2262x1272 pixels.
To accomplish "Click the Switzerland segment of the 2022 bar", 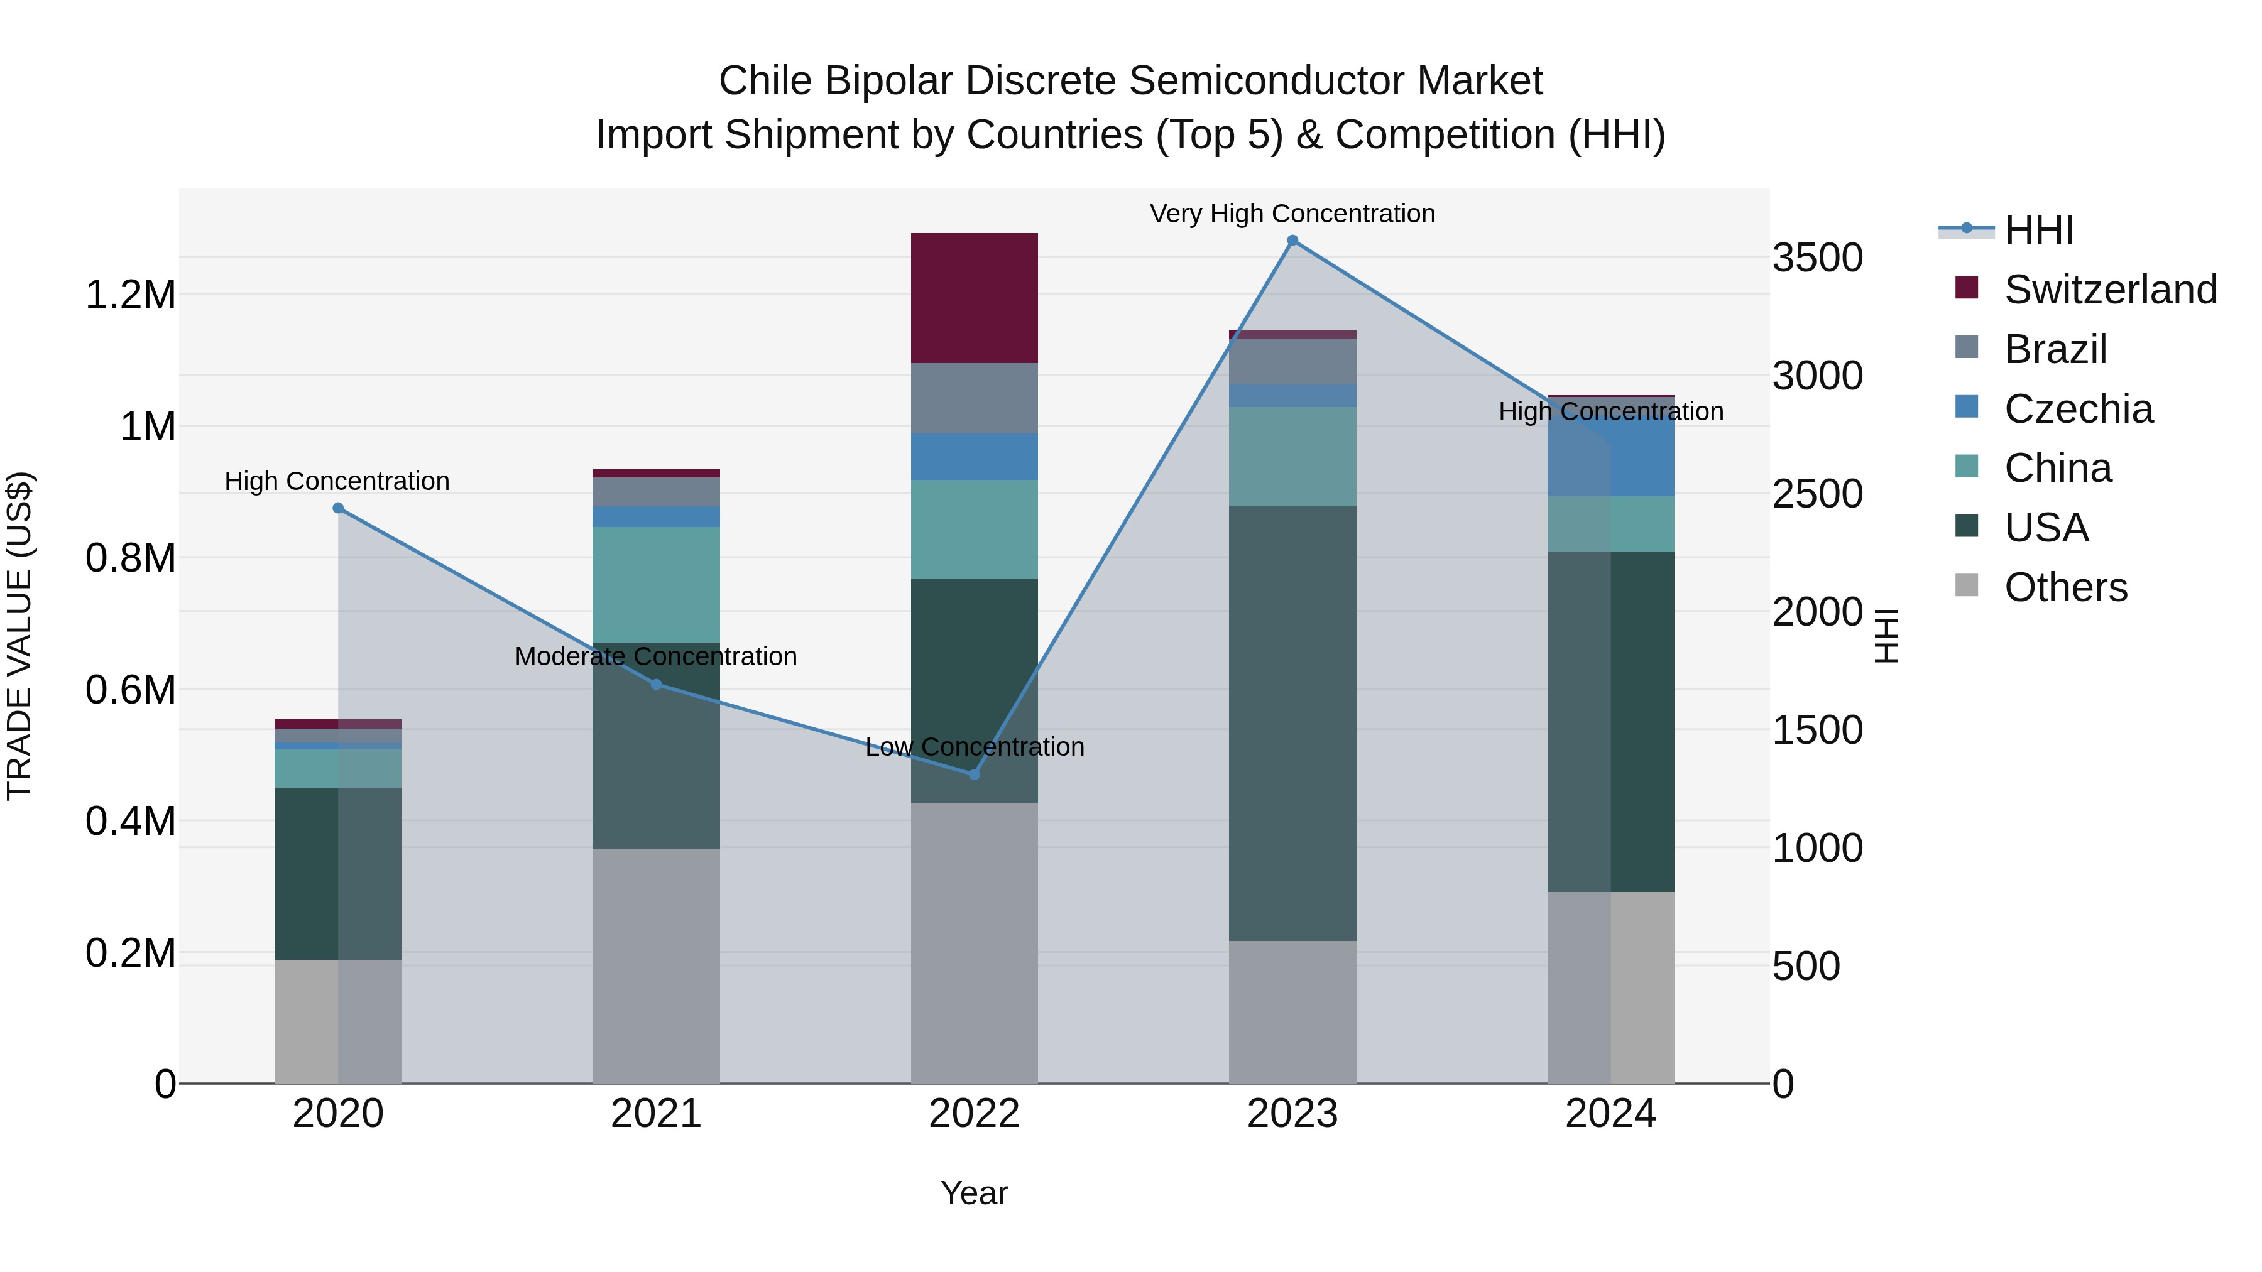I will pos(974,298).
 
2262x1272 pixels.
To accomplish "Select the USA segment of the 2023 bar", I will pos(1292,724).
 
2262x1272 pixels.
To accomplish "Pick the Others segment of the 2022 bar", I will pos(974,943).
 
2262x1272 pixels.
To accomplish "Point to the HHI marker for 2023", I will pos(1292,241).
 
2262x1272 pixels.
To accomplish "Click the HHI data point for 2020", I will pos(338,508).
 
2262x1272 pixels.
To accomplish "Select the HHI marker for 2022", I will pos(974,775).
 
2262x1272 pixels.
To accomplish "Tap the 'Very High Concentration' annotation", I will pos(1292,214).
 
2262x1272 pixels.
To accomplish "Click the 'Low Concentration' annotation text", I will pos(975,747).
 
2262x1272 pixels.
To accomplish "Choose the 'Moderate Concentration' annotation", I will pos(656,656).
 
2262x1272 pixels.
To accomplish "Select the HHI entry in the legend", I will pos(2039,230).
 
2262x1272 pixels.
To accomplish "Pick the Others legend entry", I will pos(2065,587).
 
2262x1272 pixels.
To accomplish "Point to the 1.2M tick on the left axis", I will pos(130,295).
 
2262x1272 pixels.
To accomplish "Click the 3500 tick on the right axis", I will pos(1817,258).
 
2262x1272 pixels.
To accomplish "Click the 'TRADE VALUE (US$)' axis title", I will pos(19,636).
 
